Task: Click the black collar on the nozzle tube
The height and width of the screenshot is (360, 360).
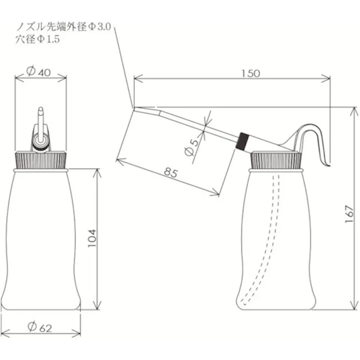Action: (x=243, y=140)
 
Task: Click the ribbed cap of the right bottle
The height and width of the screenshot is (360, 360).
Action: (x=276, y=161)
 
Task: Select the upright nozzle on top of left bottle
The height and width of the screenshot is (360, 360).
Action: (x=40, y=129)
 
